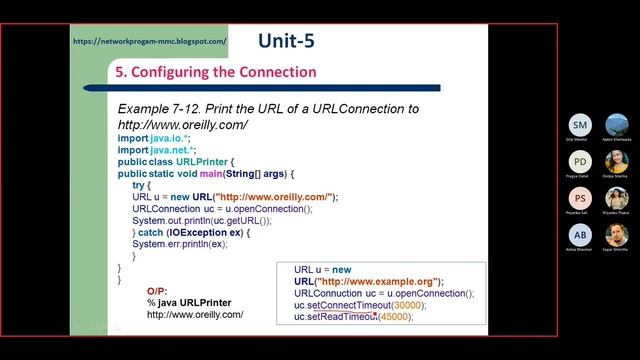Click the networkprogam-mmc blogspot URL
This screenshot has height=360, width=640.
[150, 42]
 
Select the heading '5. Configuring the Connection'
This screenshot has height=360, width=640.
[216, 72]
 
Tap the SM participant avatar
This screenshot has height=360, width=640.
[580, 124]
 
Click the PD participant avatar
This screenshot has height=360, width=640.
[580, 162]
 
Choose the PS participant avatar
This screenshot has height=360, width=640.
[580, 198]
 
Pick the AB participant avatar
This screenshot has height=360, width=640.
[580, 235]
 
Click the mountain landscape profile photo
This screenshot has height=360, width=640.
[617, 124]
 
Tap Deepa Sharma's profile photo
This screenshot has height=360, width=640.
[617, 162]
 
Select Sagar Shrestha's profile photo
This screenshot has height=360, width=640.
[617, 235]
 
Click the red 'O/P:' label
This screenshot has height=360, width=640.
[158, 290]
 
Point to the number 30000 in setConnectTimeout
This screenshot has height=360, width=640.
[399, 305]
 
